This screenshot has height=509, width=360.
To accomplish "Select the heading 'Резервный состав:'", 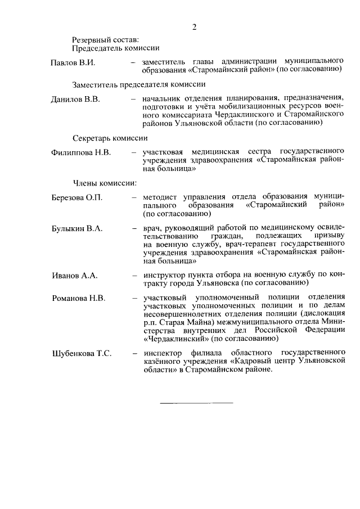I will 105,39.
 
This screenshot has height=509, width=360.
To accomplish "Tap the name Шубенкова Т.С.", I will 82,353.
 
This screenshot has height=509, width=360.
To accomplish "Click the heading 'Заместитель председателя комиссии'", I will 138,84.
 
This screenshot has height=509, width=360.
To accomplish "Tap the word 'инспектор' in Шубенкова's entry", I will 163,353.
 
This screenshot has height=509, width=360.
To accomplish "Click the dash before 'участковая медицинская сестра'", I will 133,152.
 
